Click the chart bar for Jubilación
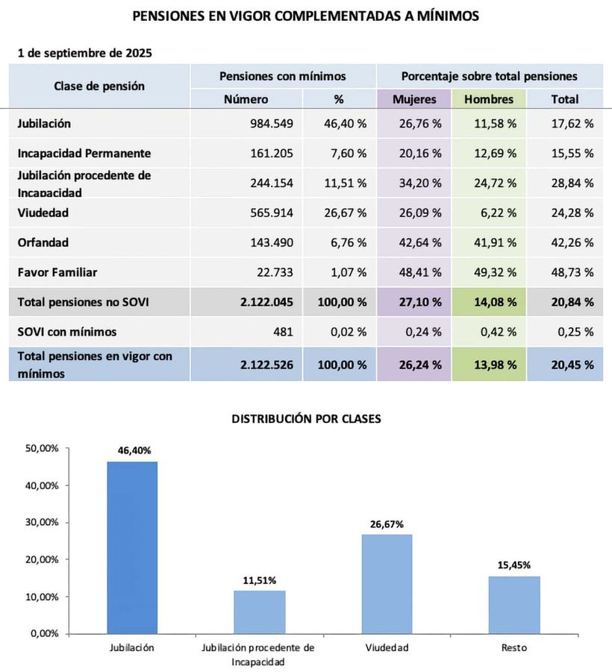[132, 547]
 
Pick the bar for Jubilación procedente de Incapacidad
[259, 612]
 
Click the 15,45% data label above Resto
[514, 565]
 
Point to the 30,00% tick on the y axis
[43, 522]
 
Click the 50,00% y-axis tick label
[43, 448]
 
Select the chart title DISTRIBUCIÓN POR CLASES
[306, 418]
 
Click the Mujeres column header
[414, 98]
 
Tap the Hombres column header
[489, 98]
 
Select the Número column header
[246, 98]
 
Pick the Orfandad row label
[43, 242]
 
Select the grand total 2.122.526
[266, 365]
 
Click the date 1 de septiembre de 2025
[85, 53]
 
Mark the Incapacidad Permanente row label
[84, 153]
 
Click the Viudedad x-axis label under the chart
[387, 647]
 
